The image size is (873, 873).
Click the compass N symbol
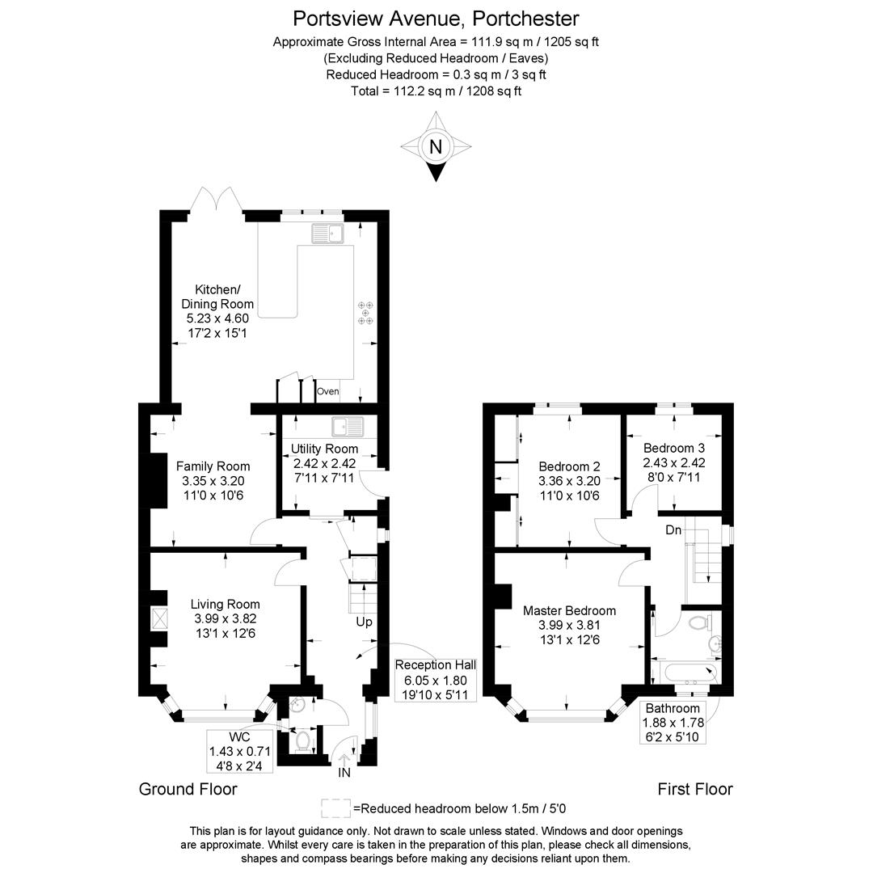click(x=436, y=147)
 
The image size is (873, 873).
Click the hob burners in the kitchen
click(x=366, y=312)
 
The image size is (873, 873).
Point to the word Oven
click(x=327, y=392)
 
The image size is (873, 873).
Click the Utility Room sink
click(x=348, y=426)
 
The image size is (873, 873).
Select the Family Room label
click(x=213, y=466)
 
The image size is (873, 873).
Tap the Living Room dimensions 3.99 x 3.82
click(x=225, y=618)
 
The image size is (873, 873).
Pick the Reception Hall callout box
click(x=435, y=679)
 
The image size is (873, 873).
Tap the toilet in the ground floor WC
click(x=304, y=739)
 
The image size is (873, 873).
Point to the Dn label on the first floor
click(x=673, y=530)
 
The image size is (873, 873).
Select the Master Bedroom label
click(x=569, y=611)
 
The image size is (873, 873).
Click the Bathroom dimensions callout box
click(x=672, y=723)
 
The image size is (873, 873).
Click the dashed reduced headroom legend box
click(x=336, y=808)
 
